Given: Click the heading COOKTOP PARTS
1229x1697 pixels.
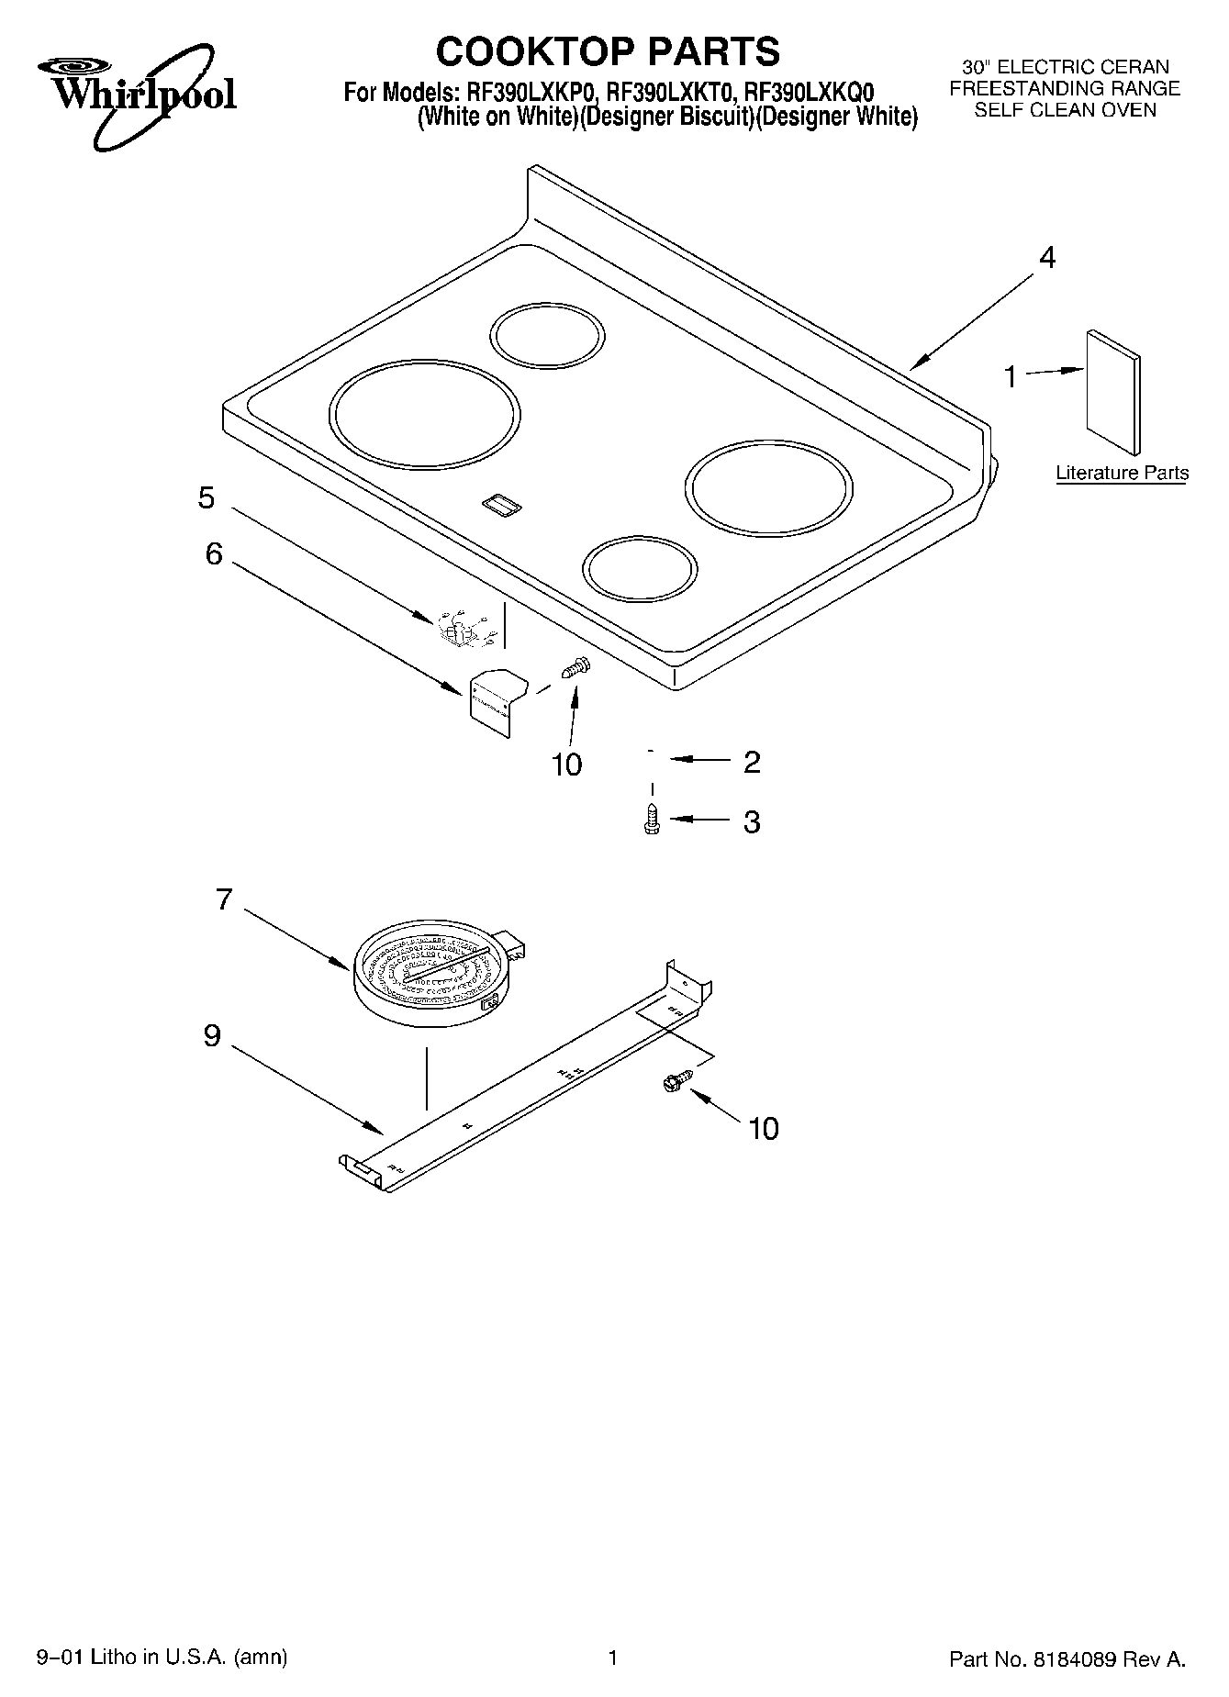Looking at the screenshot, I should [608, 51].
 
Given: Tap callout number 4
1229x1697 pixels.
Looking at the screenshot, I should [1047, 258].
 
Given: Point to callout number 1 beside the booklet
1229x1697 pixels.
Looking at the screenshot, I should [1011, 376].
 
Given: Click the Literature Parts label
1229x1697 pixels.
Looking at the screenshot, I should [1122, 474].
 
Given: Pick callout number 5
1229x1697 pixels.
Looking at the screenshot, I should [207, 498].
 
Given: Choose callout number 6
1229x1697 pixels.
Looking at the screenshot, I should [213, 553].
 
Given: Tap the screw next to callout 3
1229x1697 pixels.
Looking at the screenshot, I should [653, 819].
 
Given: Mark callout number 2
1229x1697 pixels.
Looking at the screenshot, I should [752, 762].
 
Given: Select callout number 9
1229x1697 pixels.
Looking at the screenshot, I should [212, 1036].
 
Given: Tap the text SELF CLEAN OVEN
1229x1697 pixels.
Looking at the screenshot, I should [1065, 110].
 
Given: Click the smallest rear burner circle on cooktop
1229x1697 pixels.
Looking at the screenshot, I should [548, 332].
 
